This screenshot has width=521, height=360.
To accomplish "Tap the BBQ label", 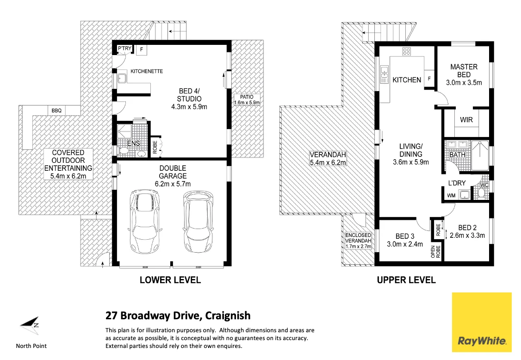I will pyautogui.click(x=56, y=111).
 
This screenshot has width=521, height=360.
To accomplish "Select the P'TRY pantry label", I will pyautogui.click(x=124, y=49).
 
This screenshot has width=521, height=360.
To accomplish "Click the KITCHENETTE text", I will pyautogui.click(x=146, y=72).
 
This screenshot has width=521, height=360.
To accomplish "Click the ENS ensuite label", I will pyautogui.click(x=133, y=144).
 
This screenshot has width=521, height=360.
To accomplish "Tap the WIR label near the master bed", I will pyautogui.click(x=466, y=120).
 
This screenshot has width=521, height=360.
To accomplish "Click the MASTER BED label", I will pyautogui.click(x=464, y=71).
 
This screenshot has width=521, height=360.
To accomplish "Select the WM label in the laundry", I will pyautogui.click(x=451, y=196).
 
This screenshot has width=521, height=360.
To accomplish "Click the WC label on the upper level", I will pyautogui.click(x=484, y=185).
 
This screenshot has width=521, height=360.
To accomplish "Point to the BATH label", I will pyautogui.click(x=457, y=155).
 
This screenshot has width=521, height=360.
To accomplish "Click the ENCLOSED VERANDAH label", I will pyautogui.click(x=359, y=238).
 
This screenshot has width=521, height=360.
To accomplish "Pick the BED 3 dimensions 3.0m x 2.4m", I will pyautogui.click(x=405, y=244).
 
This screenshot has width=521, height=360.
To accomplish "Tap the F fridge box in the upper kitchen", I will pyautogui.click(x=429, y=79).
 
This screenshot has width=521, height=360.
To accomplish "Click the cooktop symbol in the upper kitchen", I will pyautogui.click(x=407, y=52).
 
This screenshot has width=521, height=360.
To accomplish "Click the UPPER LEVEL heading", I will pyautogui.click(x=406, y=280).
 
